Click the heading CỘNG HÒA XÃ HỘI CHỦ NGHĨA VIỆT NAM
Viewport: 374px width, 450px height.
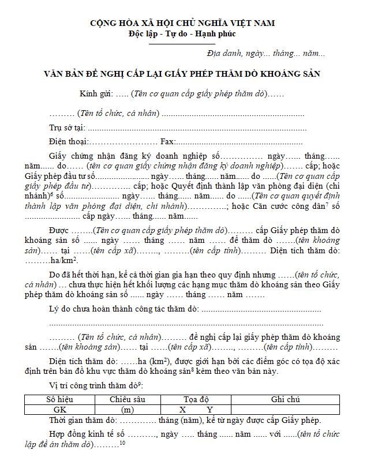click(182, 23)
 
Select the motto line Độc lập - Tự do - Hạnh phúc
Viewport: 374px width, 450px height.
click(182, 33)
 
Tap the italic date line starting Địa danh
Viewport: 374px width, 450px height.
click(265, 54)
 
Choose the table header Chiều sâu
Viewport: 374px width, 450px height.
click(127, 399)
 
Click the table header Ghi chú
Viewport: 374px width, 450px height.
click(286, 399)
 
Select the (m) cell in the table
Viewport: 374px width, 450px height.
click(128, 409)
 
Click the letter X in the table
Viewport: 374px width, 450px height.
click(182, 409)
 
